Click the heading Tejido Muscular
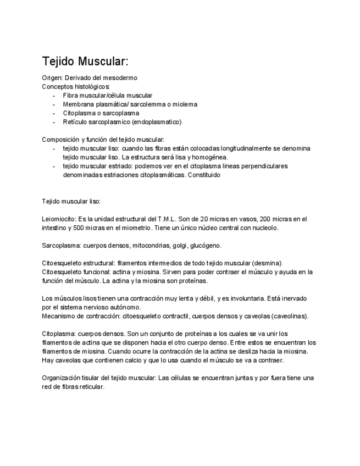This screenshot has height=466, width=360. [85, 61]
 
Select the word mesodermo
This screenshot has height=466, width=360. [121, 78]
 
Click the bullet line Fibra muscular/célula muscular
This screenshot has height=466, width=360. [107, 95]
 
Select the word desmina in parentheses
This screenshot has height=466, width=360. [268, 263]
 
